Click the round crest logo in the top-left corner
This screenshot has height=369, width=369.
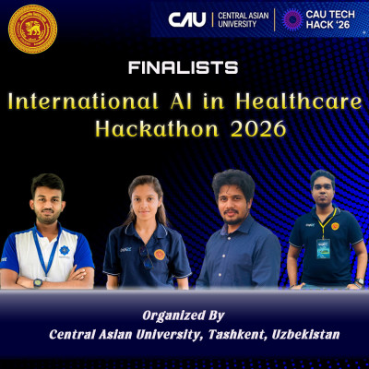pyautogui.click(x=32, y=29)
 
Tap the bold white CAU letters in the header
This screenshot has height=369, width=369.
pyautogui.click(x=187, y=18)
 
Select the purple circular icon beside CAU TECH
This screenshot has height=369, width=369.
pyautogui.click(x=292, y=18)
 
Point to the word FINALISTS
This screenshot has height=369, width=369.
pyautogui.click(x=184, y=67)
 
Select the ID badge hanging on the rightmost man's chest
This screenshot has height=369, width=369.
pyautogui.click(x=323, y=247)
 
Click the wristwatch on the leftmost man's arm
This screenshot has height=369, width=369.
pyautogui.click(x=37, y=282)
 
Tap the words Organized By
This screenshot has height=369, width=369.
pyautogui.click(x=184, y=313)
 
